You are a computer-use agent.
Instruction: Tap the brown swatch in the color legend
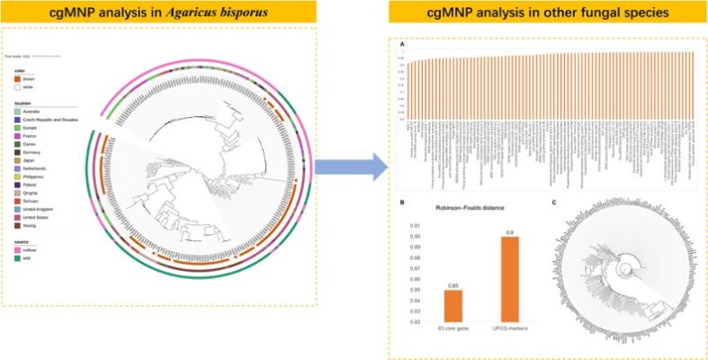pos(17,79)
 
